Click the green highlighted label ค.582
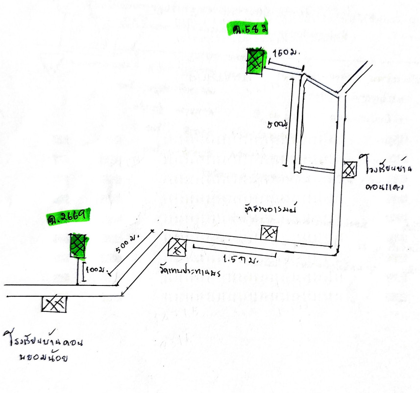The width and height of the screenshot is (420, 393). [248, 29]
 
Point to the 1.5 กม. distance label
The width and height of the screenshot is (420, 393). [238, 259]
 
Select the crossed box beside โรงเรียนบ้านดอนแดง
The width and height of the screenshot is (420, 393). [349, 170]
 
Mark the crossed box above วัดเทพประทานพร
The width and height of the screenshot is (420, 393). [176, 247]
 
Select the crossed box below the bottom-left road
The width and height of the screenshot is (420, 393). [53, 304]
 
